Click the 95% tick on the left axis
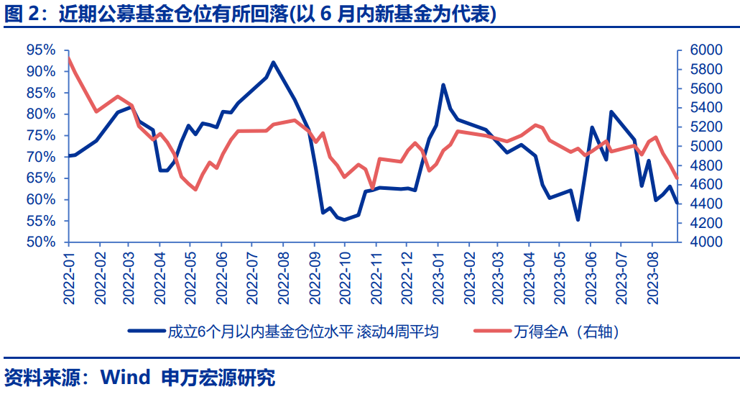(x=40, y=50)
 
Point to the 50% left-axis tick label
(x=40, y=242)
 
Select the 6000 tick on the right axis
(x=705, y=50)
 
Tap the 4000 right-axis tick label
(x=705, y=242)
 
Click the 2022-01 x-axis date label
(x=69, y=278)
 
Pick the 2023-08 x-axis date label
(x=652, y=278)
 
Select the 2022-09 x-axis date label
(x=314, y=278)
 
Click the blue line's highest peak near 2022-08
(x=273, y=63)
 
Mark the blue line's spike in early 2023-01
(x=443, y=85)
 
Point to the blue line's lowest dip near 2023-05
(x=578, y=219)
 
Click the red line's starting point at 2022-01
(x=68, y=58)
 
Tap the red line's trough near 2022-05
(x=195, y=189)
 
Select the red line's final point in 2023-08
(x=676, y=178)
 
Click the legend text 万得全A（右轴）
(x=567, y=332)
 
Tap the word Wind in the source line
(x=125, y=378)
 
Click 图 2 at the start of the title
(x=22, y=14)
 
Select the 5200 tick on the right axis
(x=705, y=127)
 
